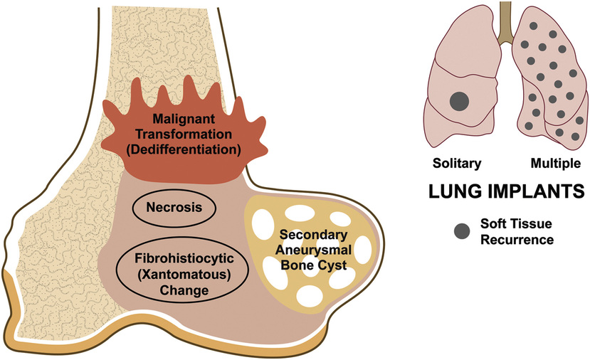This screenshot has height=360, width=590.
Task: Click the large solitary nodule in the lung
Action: click(x=460, y=101)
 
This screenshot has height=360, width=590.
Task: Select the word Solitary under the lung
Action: click(x=457, y=163)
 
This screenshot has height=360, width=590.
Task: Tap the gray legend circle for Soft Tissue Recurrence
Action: click(x=463, y=231)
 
